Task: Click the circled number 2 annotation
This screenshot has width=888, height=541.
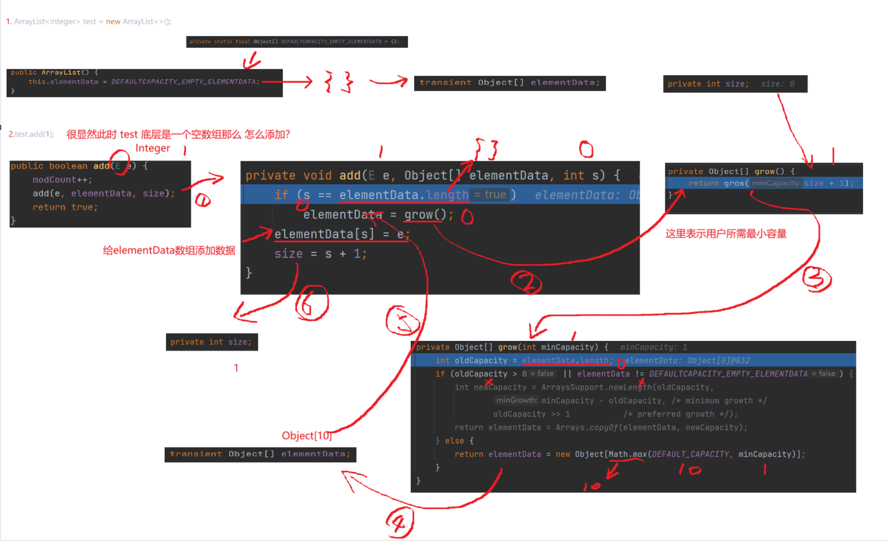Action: (x=526, y=282)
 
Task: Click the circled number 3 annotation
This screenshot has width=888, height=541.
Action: (x=817, y=279)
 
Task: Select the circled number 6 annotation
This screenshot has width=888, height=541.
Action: (x=311, y=303)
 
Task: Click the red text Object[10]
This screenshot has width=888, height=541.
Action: (x=307, y=436)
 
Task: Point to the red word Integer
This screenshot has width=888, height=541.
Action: (x=152, y=148)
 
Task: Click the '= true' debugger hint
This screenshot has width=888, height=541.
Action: (x=490, y=194)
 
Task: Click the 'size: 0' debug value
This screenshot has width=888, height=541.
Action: (x=777, y=84)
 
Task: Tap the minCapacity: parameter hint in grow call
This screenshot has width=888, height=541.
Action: (x=775, y=183)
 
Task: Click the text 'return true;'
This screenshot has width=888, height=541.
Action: (x=65, y=207)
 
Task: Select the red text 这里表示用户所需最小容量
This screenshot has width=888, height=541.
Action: (x=725, y=234)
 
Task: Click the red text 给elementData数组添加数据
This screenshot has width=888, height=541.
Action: (x=169, y=250)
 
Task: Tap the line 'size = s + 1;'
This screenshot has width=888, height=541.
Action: (x=320, y=253)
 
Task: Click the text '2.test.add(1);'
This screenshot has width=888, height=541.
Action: (x=31, y=134)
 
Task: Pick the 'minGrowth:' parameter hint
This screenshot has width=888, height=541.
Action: (x=517, y=401)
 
